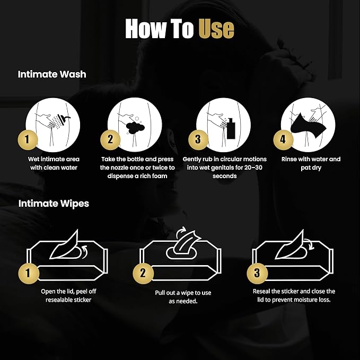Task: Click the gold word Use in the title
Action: coord(216,28)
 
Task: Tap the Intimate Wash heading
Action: coord(52,74)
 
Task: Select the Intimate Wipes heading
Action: coord(54,204)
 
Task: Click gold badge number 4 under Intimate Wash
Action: coord(283,139)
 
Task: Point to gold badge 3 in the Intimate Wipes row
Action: coord(257,273)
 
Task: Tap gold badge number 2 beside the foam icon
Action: coord(110,139)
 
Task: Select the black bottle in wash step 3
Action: coord(231,128)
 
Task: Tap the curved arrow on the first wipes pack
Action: coord(85,251)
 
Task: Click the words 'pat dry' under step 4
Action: coord(311,168)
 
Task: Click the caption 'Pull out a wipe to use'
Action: coord(183,293)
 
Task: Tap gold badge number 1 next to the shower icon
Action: coord(28,139)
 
